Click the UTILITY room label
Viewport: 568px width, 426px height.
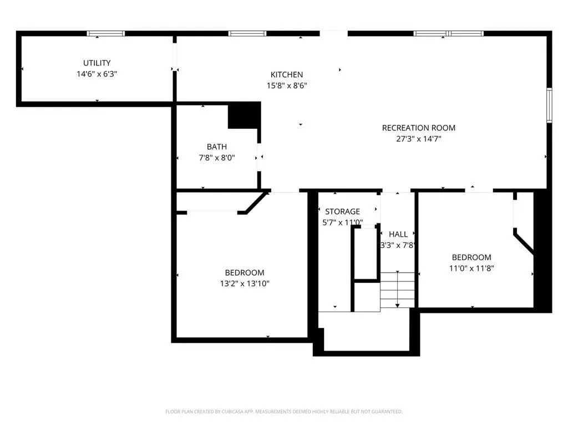click(97, 63)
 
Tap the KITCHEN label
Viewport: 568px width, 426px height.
click(287, 75)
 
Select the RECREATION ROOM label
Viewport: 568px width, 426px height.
click(418, 128)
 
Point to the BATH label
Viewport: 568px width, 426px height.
click(217, 146)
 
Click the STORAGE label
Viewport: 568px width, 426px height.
click(342, 211)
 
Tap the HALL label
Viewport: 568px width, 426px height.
click(398, 235)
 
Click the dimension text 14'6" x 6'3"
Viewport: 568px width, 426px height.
click(97, 74)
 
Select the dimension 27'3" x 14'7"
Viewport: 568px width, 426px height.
click(418, 139)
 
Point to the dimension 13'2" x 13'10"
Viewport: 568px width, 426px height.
click(245, 283)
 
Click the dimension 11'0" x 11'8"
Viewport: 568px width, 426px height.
click(471, 268)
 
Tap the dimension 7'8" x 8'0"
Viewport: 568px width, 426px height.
click(217, 158)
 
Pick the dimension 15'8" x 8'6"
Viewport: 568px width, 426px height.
click(287, 86)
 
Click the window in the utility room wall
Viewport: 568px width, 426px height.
click(106, 34)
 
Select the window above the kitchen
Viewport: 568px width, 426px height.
click(247, 34)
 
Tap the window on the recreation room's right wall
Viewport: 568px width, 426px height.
click(549, 105)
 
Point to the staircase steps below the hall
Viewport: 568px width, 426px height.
click(397, 290)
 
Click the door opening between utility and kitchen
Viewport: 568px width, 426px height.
click(175, 57)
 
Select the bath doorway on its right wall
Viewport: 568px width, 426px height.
click(259, 157)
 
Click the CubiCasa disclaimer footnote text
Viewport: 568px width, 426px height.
click(283, 412)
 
